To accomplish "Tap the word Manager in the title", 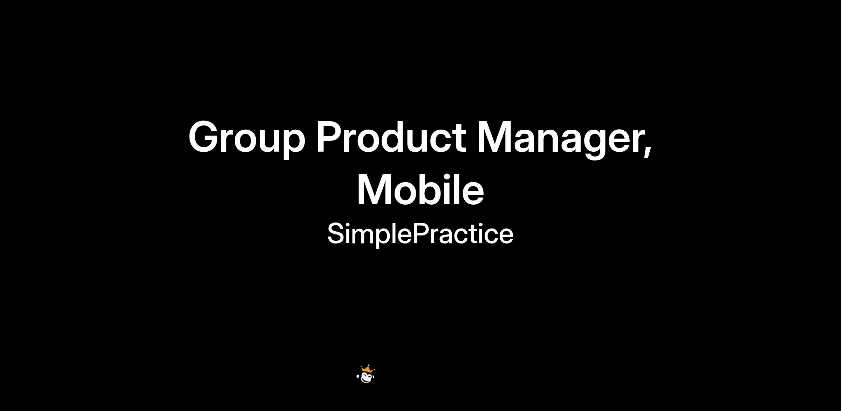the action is pos(560,139).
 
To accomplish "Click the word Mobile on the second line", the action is pos(421,190).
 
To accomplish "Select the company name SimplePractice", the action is pos(420,234).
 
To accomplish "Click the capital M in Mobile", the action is pos(376,189).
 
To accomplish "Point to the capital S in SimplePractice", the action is pos(336,234).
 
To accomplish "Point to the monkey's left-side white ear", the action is pos(358,377).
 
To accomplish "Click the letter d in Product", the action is pos(396,137).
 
